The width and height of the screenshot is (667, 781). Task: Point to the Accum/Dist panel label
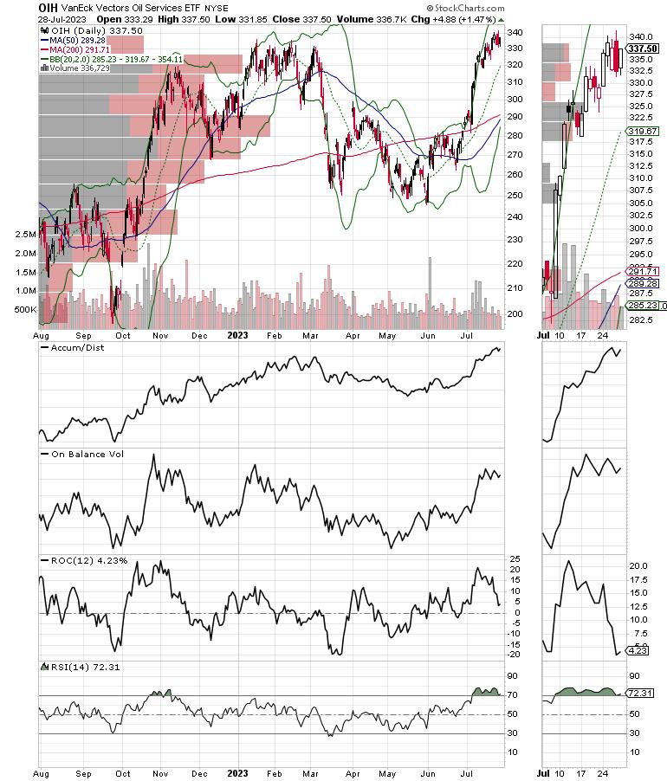tap(72, 347)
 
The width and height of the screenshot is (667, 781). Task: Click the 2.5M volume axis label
tap(24, 235)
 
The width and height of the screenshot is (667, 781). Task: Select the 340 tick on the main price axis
tap(514, 32)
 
